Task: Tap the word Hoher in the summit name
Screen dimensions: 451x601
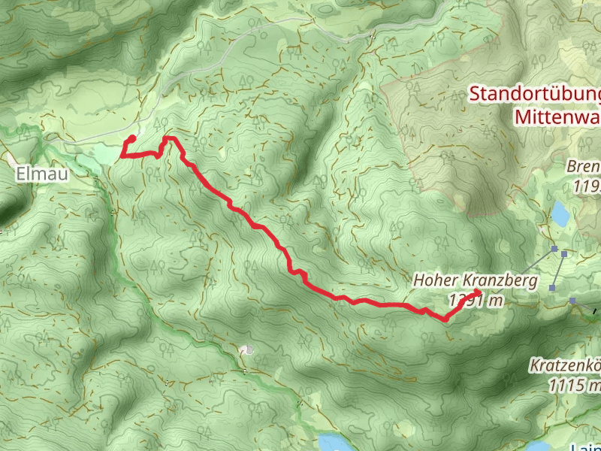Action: point(435,281)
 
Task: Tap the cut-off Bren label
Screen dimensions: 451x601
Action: point(584,167)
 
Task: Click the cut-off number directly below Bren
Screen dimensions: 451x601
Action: point(587,185)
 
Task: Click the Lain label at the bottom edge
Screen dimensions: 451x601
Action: point(586,446)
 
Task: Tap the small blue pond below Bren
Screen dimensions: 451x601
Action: point(560,213)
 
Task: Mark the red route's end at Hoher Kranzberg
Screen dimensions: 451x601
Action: point(479,291)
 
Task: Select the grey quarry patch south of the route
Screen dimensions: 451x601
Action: point(249,350)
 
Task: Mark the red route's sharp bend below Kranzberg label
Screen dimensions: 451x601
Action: point(444,320)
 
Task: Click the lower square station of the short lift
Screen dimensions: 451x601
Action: point(553,287)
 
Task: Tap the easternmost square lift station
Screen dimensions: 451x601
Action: point(572,301)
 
